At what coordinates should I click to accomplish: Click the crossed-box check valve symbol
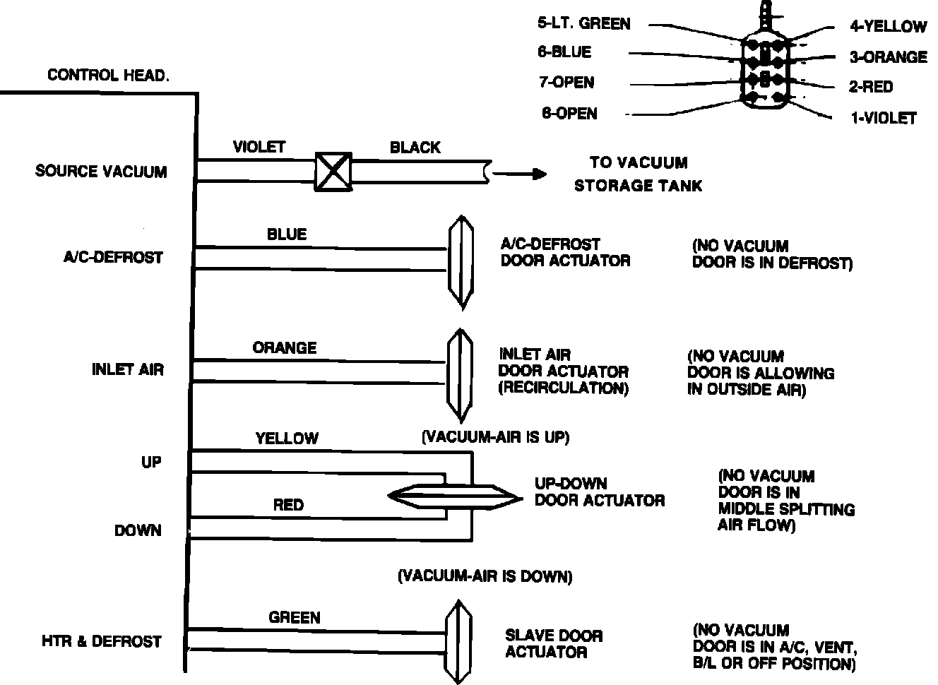click(x=333, y=171)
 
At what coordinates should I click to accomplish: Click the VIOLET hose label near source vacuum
click(x=259, y=147)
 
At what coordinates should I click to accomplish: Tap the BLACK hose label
click(x=415, y=148)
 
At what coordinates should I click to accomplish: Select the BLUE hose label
click(x=287, y=234)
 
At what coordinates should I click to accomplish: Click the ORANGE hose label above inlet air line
click(x=285, y=347)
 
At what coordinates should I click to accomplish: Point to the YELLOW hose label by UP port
click(x=287, y=439)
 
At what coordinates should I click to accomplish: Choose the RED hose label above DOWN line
click(x=288, y=505)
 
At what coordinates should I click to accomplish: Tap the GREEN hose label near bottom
click(x=295, y=617)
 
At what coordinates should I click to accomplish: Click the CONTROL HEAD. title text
click(x=108, y=75)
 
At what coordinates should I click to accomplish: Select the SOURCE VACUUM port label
click(x=101, y=172)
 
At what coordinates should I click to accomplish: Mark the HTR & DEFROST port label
click(x=102, y=641)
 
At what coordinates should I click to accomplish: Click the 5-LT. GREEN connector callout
click(x=583, y=23)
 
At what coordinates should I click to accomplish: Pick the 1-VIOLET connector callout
click(x=883, y=118)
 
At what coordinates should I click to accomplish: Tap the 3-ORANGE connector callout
click(x=888, y=57)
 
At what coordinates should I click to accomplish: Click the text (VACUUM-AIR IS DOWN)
click(x=485, y=576)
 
